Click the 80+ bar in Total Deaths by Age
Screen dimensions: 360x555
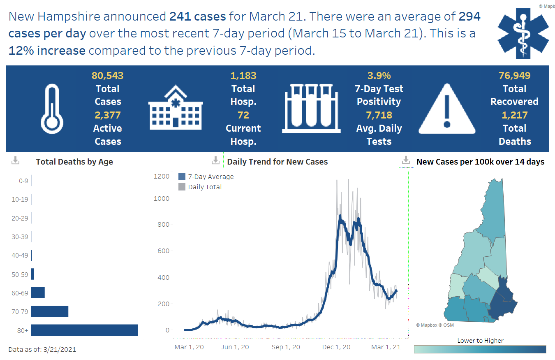tap(84, 330)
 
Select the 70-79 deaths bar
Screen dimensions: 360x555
tap(49, 311)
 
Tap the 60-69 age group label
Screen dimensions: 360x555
tap(20, 293)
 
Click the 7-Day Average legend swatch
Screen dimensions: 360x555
tap(182, 177)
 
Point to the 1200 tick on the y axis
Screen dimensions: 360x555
tap(162, 177)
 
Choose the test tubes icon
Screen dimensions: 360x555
tap(311, 108)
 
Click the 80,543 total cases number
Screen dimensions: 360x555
tap(107, 76)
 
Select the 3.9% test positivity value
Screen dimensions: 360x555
tap(379, 76)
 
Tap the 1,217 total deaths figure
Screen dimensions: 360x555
tap(515, 115)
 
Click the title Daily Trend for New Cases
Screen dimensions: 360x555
tap(277, 162)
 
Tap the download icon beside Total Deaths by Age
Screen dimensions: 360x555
tap(15, 161)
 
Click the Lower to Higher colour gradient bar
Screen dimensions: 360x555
tap(480, 349)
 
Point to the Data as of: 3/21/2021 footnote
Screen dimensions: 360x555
tap(42, 350)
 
